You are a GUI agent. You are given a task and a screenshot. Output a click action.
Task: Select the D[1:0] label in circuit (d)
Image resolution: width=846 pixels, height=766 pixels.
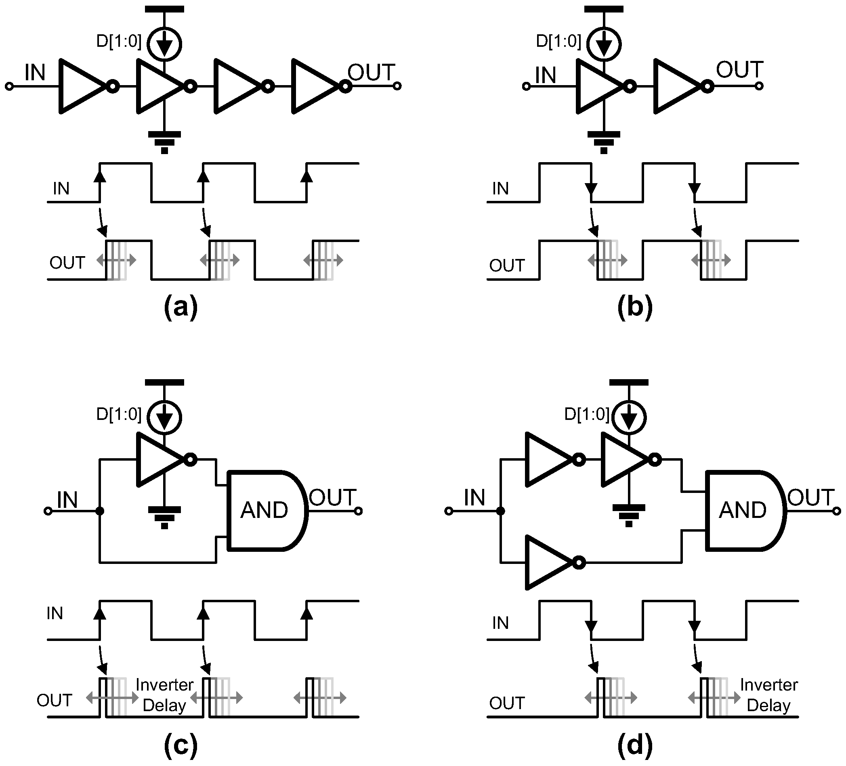tap(586, 414)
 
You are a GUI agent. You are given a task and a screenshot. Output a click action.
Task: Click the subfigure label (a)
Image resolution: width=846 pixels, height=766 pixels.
tap(181, 307)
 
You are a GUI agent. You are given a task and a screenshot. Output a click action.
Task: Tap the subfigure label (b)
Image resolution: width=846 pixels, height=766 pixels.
tap(634, 307)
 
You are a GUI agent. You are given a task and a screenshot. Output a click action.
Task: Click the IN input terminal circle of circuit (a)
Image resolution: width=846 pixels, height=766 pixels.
tap(9, 86)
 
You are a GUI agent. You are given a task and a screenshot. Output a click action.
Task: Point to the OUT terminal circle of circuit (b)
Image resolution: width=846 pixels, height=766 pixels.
tap(759, 86)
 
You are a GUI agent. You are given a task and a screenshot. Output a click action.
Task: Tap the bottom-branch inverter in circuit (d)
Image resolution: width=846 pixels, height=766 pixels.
tap(549, 562)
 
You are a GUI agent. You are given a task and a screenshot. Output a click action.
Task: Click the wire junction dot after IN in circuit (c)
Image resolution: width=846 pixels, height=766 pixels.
tap(99, 511)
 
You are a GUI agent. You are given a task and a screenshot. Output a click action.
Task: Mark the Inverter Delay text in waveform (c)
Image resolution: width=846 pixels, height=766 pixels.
tap(164, 695)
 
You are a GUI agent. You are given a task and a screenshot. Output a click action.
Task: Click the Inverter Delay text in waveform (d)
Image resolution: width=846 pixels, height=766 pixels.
tap(768, 695)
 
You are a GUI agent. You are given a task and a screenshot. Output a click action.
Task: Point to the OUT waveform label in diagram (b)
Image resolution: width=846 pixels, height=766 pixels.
tap(506, 265)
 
